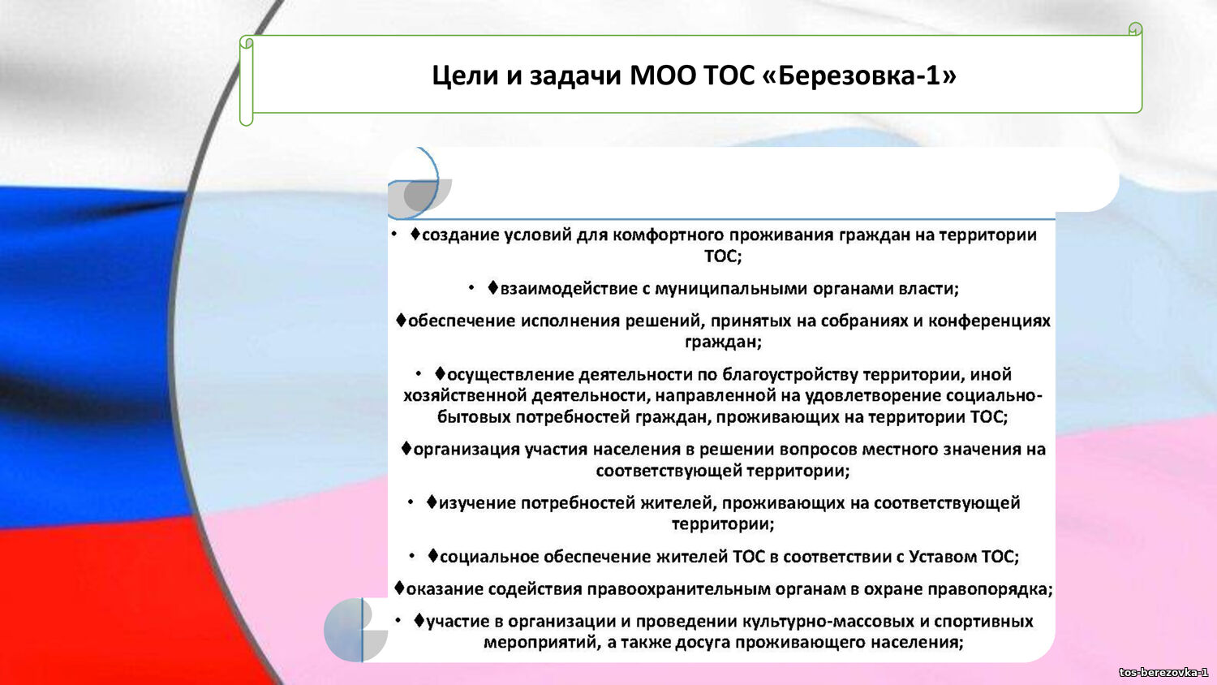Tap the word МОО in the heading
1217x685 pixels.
662,75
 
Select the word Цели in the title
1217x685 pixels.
465,75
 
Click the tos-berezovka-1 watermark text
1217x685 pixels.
1163,673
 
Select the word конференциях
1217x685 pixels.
989,321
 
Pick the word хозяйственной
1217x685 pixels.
465,395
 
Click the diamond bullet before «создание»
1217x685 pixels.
415,234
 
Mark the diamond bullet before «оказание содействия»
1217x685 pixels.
399,588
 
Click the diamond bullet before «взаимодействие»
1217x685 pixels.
492,287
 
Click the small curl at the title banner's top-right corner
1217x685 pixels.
1135,29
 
